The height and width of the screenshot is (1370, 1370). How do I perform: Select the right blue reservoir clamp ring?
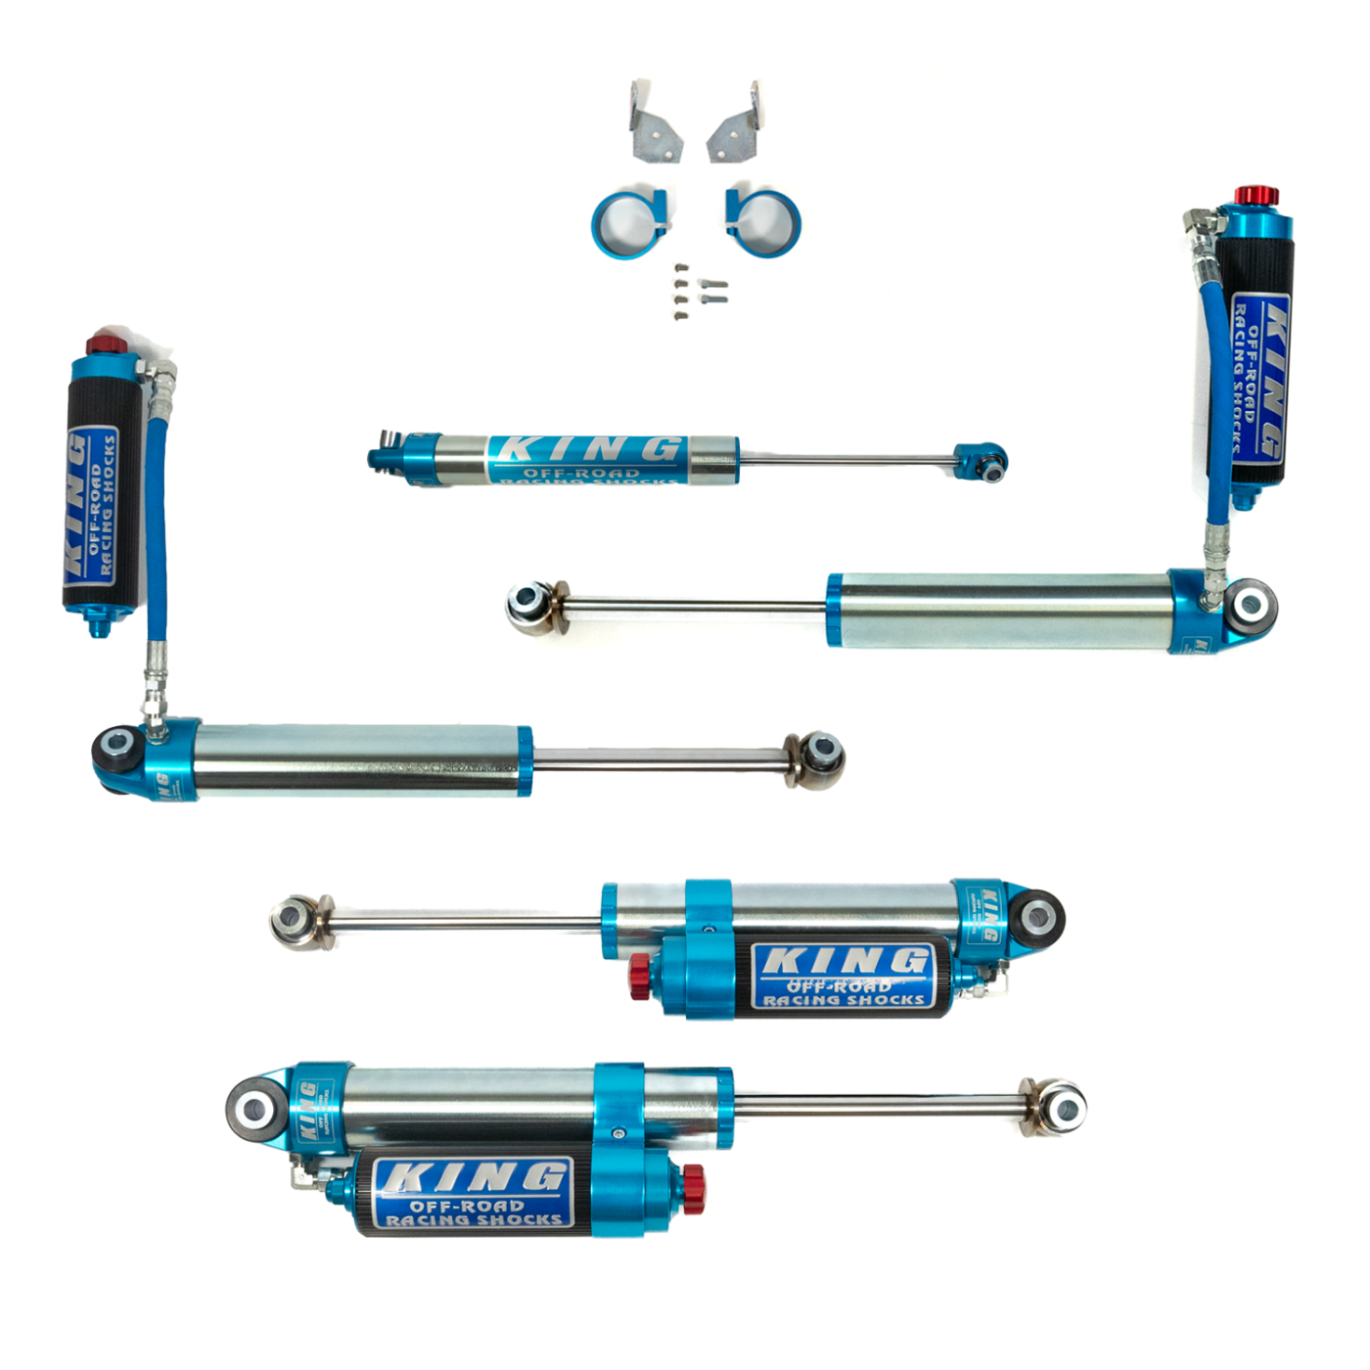(x=765, y=220)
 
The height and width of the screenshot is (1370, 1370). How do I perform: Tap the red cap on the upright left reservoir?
(x=102, y=344)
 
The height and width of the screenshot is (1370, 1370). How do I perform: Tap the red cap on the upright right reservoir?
(x=1256, y=196)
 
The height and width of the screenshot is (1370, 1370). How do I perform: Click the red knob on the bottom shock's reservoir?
(x=693, y=1189)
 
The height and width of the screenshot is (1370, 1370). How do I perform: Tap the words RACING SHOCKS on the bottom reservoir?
(x=474, y=1220)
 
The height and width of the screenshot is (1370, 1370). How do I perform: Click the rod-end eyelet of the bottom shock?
(x=1062, y=1109)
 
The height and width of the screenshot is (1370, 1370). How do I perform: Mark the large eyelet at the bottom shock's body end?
(x=256, y=1110)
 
